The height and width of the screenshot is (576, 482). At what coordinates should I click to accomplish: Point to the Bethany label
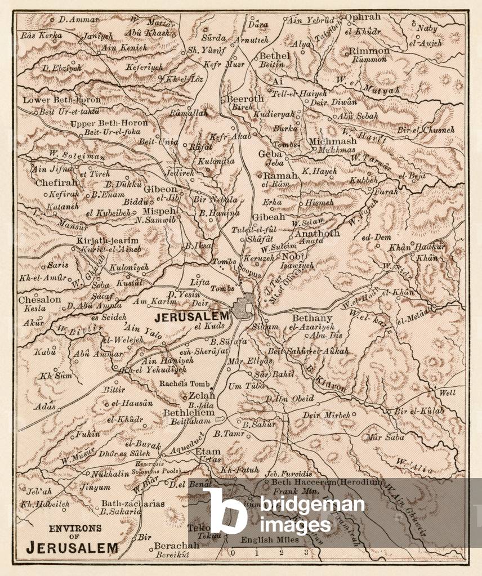point(313,318)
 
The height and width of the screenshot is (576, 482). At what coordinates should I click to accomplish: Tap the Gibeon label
point(160,189)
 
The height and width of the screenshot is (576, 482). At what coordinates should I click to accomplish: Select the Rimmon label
point(369,51)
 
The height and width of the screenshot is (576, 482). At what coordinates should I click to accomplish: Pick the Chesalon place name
point(39,300)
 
